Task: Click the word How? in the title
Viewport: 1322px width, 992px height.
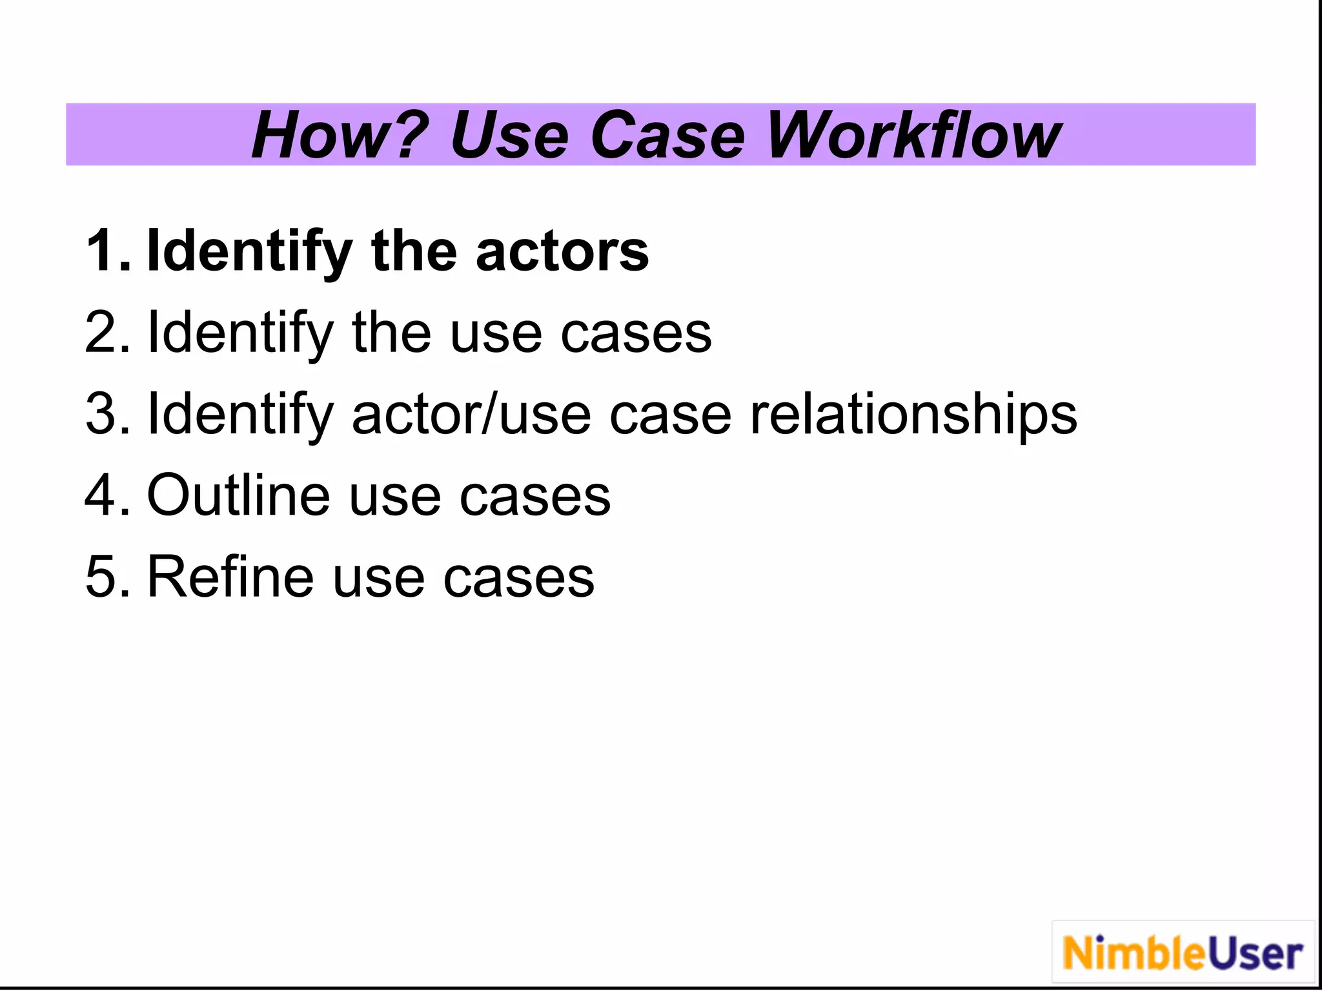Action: click(x=340, y=135)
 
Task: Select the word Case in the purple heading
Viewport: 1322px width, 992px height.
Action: click(x=667, y=135)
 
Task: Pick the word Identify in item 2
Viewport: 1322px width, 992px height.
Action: click(x=240, y=334)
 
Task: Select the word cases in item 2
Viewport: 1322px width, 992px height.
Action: click(x=636, y=334)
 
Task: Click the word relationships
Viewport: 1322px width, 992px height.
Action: click(x=913, y=415)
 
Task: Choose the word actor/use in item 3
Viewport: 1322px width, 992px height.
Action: click(x=471, y=414)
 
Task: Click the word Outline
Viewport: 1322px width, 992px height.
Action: click(x=238, y=495)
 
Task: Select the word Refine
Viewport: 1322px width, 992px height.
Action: click(x=230, y=577)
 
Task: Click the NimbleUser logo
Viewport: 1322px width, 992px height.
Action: click(x=1183, y=953)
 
